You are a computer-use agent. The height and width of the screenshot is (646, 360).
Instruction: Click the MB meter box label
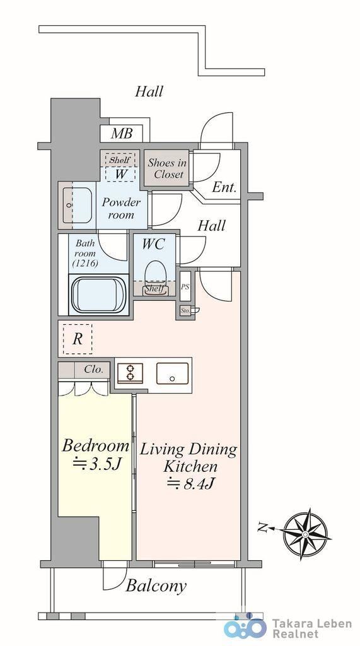[122, 134]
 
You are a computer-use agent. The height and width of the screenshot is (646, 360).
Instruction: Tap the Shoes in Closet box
[166, 168]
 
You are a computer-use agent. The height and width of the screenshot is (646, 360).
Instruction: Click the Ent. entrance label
[224, 187]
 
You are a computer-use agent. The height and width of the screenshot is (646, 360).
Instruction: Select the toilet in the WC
[156, 276]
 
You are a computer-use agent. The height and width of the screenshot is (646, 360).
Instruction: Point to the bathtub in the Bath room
[99, 295]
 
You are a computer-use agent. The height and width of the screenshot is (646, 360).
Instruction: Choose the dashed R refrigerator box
[77, 339]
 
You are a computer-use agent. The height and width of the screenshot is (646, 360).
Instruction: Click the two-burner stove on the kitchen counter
[130, 373]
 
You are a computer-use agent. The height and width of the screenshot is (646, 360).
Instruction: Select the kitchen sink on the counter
[172, 373]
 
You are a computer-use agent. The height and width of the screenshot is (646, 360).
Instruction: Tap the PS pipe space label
[185, 286]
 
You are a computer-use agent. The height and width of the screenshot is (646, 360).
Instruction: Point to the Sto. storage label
[186, 311]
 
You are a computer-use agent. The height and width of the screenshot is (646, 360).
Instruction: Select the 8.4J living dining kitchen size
[190, 483]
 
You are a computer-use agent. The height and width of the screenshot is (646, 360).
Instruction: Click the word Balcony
[156, 585]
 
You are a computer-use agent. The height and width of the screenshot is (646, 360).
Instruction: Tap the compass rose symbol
[306, 534]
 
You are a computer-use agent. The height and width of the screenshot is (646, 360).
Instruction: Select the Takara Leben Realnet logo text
[312, 629]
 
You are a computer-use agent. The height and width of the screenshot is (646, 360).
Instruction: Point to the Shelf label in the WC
[155, 289]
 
